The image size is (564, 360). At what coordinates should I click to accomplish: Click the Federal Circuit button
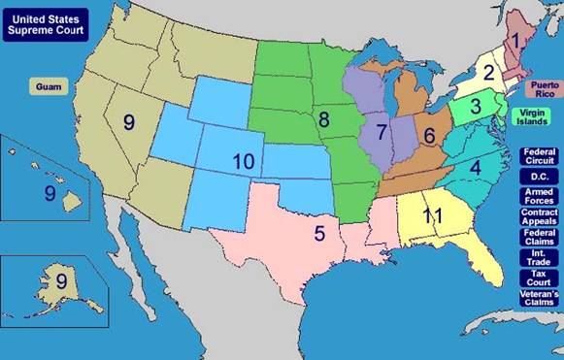coord(539,156)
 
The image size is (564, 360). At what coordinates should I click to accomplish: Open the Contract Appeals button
coord(539,217)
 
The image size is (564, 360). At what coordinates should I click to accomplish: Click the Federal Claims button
coord(539,238)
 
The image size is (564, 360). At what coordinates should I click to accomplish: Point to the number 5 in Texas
coord(317,233)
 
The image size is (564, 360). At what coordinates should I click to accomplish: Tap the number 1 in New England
coord(518,42)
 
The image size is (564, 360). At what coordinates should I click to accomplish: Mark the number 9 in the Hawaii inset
coord(50,193)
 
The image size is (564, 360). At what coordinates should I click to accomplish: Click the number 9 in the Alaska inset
coord(61,282)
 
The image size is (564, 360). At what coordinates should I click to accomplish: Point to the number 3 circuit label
coord(477,108)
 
